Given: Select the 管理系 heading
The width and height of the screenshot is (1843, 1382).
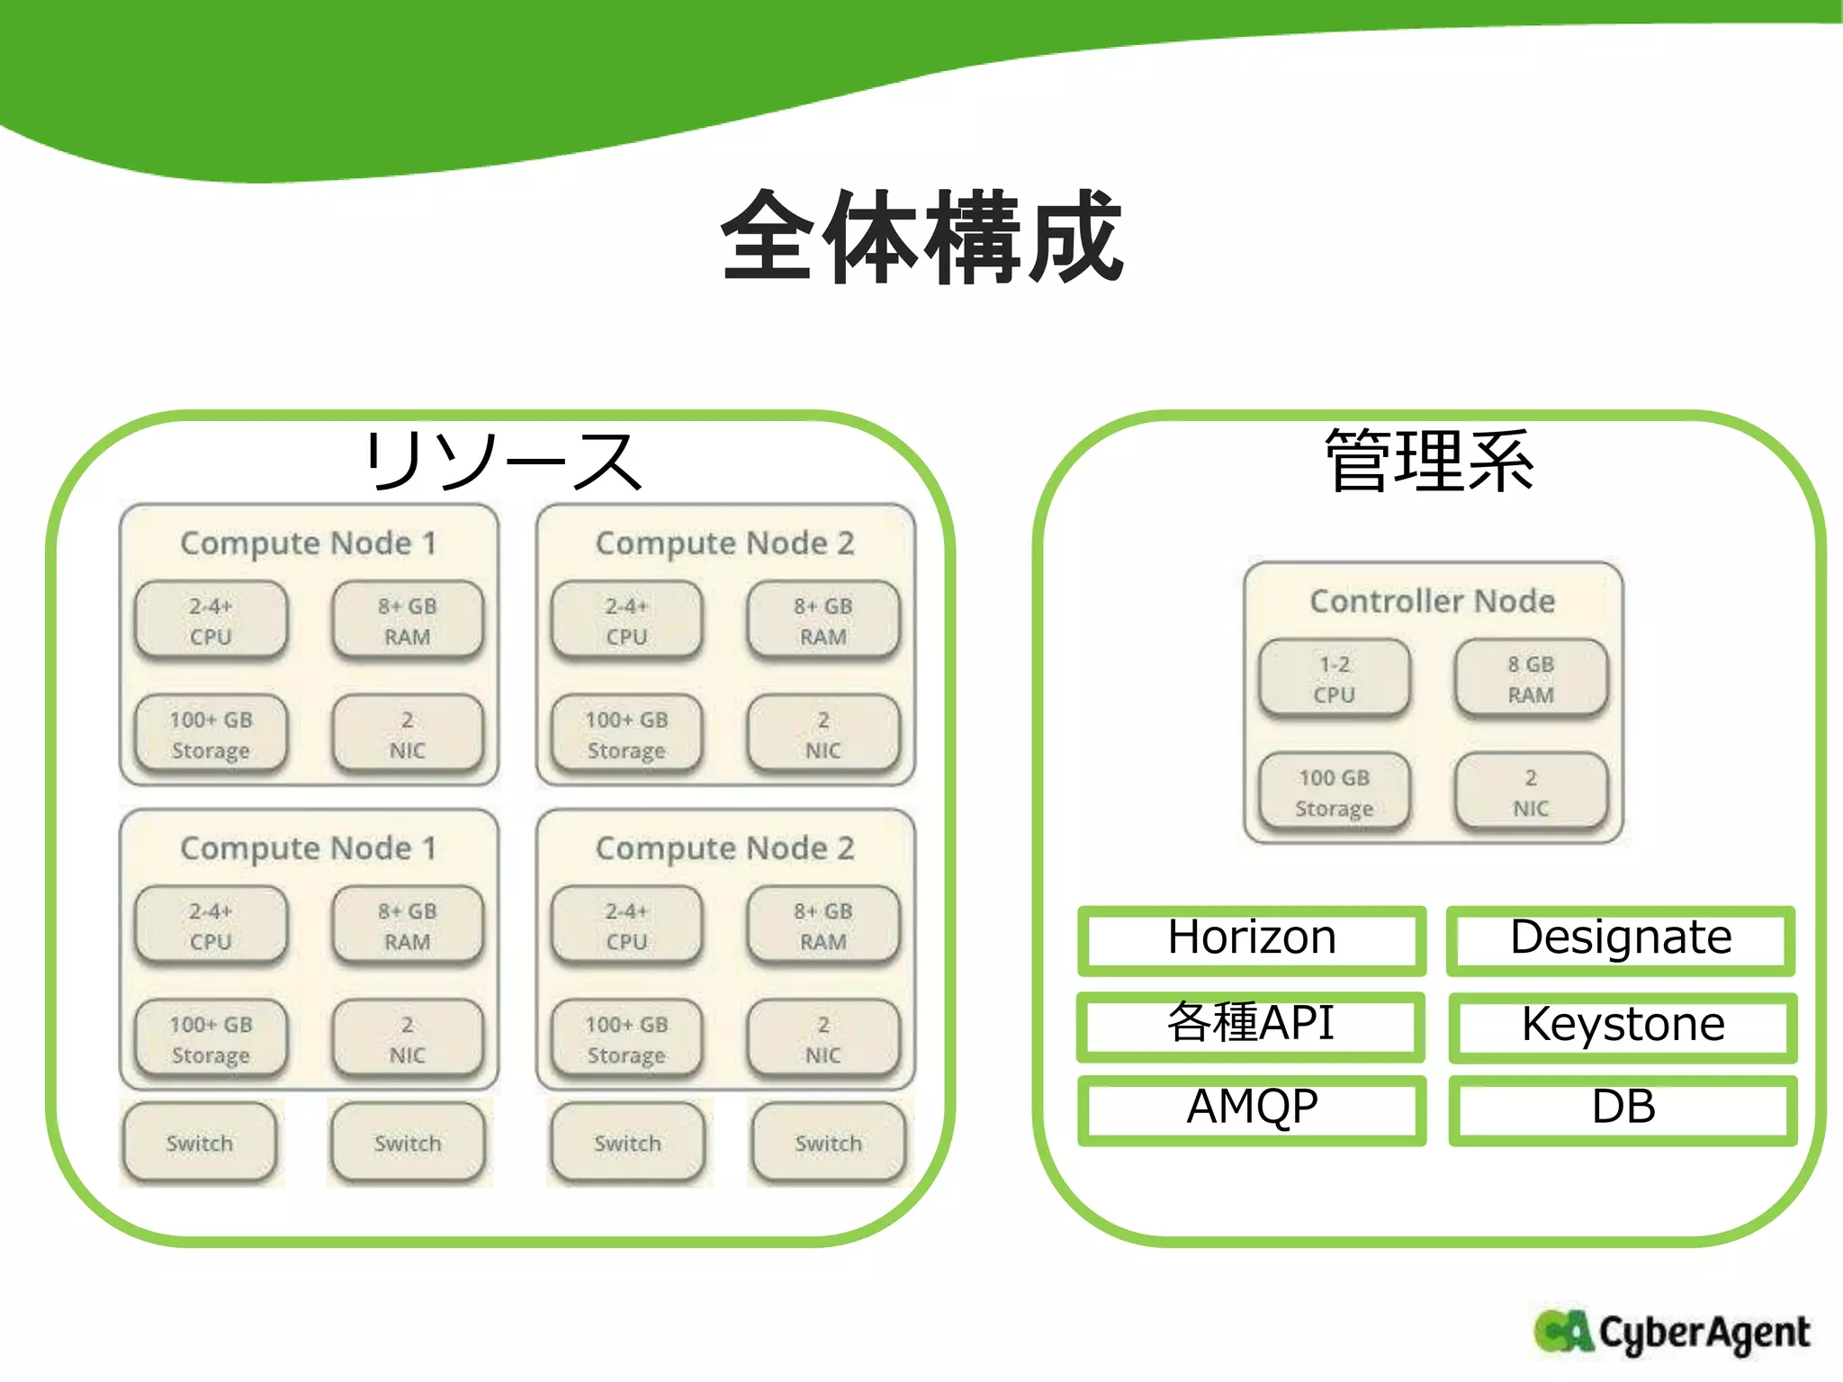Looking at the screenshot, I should pos(1429,461).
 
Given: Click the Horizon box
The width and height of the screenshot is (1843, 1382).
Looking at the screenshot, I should pos(1252,938).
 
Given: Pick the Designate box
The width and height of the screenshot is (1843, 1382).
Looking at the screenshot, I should pos(1621,938).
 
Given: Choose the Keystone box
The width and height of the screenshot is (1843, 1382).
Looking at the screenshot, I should pos(1623,1025).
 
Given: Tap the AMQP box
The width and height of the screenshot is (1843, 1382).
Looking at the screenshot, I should pos(1252,1108).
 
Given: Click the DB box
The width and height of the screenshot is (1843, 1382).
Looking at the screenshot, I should pos(1623,1108).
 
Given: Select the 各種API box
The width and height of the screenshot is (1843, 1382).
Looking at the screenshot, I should pos(1251,1025).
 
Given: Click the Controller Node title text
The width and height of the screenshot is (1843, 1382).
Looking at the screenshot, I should pos(1433,601).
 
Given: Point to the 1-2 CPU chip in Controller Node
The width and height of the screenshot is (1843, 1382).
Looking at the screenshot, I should pos(1335,679).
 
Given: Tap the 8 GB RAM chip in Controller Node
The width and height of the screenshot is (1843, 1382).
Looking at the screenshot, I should pos(1531,679).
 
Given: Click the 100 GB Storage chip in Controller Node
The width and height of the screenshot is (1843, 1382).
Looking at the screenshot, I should pos(1335,793).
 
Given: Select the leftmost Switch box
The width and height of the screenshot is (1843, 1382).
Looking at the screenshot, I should pos(200,1144).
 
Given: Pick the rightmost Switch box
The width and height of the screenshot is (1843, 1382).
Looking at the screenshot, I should pos(828,1144).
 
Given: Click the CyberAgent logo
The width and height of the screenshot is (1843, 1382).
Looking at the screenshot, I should pos(1671,1333).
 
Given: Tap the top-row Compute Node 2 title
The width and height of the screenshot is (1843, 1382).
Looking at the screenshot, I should pos(724,543).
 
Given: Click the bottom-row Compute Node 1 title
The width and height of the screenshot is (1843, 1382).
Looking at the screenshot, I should pos(308,848).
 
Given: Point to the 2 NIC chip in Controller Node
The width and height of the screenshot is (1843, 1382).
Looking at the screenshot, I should pos(1531,793).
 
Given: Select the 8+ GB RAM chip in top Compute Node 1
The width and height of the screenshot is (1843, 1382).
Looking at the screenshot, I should pos(408,621).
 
